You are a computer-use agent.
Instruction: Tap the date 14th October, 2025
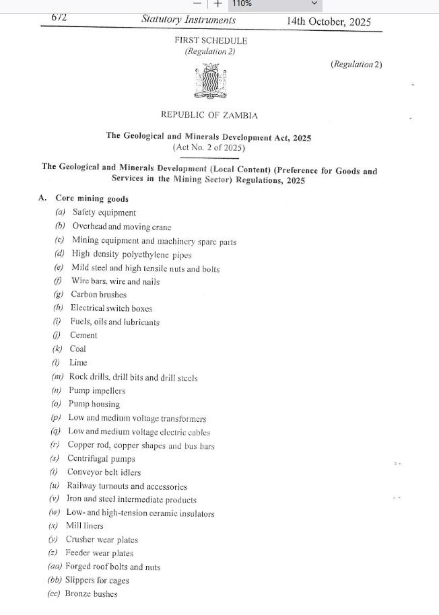point(329,21)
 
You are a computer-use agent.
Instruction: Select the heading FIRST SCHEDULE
point(211,40)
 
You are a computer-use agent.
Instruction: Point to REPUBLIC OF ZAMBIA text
point(209,115)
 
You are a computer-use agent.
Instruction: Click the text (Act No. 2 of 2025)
point(209,147)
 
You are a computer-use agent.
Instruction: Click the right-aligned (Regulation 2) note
point(356,65)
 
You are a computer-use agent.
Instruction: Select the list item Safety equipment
point(104,213)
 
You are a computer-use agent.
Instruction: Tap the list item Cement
point(83,335)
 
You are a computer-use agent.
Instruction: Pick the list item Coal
point(77,349)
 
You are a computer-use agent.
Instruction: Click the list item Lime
point(78,363)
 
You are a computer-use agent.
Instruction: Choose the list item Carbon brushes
point(98,294)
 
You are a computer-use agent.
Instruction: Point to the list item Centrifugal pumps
point(101,459)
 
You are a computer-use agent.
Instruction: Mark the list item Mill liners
point(84,526)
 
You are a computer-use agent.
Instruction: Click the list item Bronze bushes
point(91,594)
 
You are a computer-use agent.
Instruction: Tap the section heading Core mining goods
point(92,199)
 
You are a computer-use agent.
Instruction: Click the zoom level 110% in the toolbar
point(242,4)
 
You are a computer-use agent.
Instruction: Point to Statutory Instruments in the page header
point(189,20)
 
